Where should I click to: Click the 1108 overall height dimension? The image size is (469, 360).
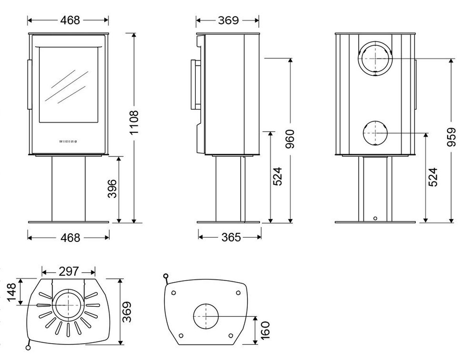134,123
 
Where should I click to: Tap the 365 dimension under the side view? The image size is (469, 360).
230,237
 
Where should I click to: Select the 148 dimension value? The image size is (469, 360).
11,291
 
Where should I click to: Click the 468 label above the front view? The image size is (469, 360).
70,20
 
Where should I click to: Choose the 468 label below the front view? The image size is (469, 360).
70,237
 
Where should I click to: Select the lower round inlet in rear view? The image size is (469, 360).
375,133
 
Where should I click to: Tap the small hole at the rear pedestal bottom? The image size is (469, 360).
375,219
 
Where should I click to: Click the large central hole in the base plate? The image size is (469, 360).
206,316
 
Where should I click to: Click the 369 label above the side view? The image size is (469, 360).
228,20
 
